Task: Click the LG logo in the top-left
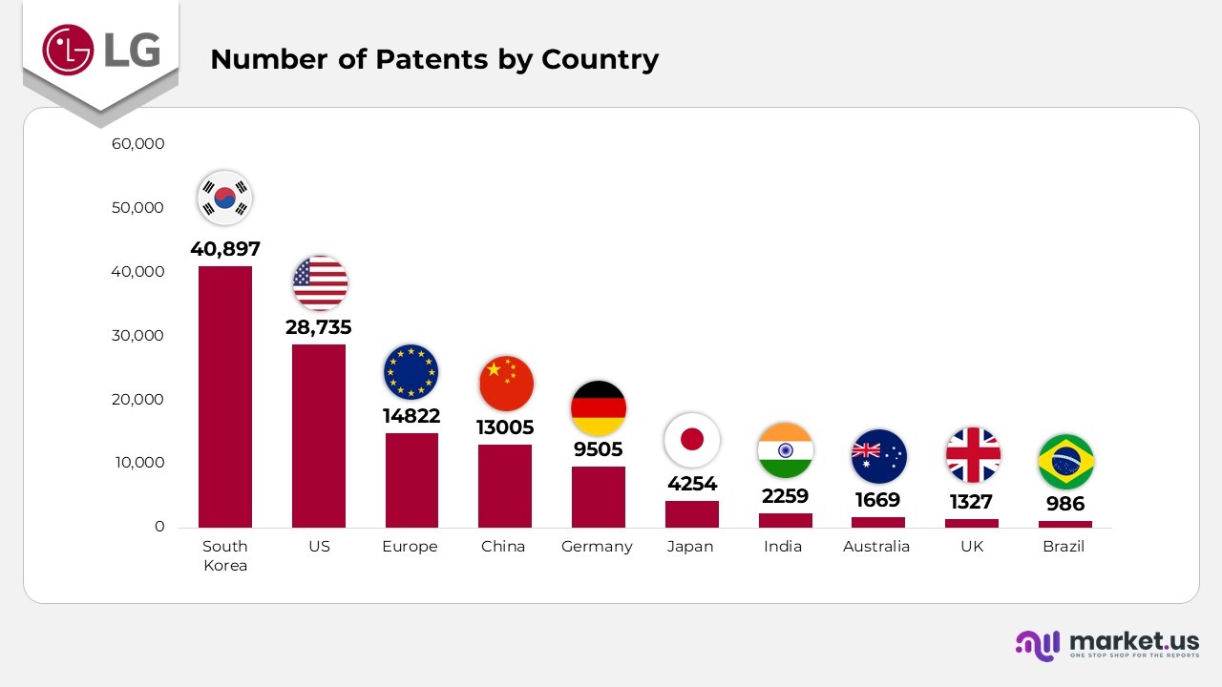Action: pyautogui.click(x=100, y=49)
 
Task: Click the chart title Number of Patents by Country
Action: pyautogui.click(x=434, y=59)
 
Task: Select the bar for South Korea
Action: pyautogui.click(x=225, y=396)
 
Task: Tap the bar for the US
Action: pyautogui.click(x=319, y=435)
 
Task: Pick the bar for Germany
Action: pyautogui.click(x=598, y=496)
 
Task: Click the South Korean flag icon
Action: pyautogui.click(x=224, y=198)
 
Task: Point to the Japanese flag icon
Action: pyautogui.click(x=691, y=440)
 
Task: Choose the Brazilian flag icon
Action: pyautogui.click(x=1065, y=462)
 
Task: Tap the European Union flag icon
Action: pyautogui.click(x=411, y=371)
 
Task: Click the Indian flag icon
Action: pyautogui.click(x=785, y=450)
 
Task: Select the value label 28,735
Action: pyautogui.click(x=319, y=327)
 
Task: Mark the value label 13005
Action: pyautogui.click(x=505, y=427)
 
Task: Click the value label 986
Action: pyautogui.click(x=1065, y=504)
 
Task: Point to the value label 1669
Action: pyautogui.click(x=877, y=500)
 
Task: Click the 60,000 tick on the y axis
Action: pyautogui.click(x=138, y=144)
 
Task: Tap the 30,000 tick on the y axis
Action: pyautogui.click(x=138, y=336)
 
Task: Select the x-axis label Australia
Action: pyautogui.click(x=876, y=547)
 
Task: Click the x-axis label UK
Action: pyautogui.click(x=971, y=547)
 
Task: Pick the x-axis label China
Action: pyautogui.click(x=503, y=547)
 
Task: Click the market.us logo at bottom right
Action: pyautogui.click(x=1107, y=644)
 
